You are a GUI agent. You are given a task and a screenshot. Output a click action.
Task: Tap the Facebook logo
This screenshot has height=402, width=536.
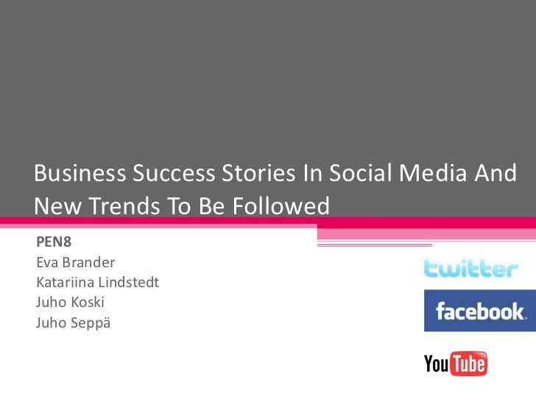[x=479, y=311]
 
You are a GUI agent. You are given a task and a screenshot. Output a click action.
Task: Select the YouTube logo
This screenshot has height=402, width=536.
[x=455, y=364]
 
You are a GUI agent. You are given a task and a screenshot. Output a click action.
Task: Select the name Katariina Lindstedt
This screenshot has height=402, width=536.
[x=96, y=281]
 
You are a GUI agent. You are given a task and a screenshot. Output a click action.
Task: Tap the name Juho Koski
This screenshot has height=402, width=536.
[x=69, y=301]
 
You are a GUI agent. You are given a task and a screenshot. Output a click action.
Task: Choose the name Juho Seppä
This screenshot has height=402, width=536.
[x=72, y=321]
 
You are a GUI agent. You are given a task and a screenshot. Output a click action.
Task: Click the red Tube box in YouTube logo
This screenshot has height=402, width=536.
[x=468, y=364]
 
